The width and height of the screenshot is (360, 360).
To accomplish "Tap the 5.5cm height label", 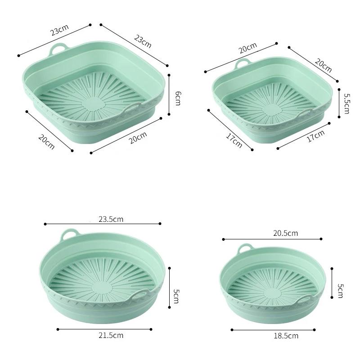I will pyautogui.click(x=346, y=103).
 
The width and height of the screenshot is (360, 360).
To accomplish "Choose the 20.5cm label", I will pyautogui.click(x=285, y=233).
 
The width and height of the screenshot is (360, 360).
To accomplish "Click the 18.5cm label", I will pyautogui.click(x=286, y=336).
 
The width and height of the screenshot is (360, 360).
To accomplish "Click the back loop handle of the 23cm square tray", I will pyautogui.click(x=59, y=48).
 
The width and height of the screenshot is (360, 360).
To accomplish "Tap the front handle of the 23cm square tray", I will pyautogui.click(x=133, y=107).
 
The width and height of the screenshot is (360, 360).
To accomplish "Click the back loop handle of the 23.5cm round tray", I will pyautogui.click(x=69, y=234).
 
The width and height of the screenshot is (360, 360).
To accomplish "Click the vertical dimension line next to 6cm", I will pyautogui.click(x=169, y=95).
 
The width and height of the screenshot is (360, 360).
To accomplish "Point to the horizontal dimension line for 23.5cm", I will pyautogui.click(x=103, y=224).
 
